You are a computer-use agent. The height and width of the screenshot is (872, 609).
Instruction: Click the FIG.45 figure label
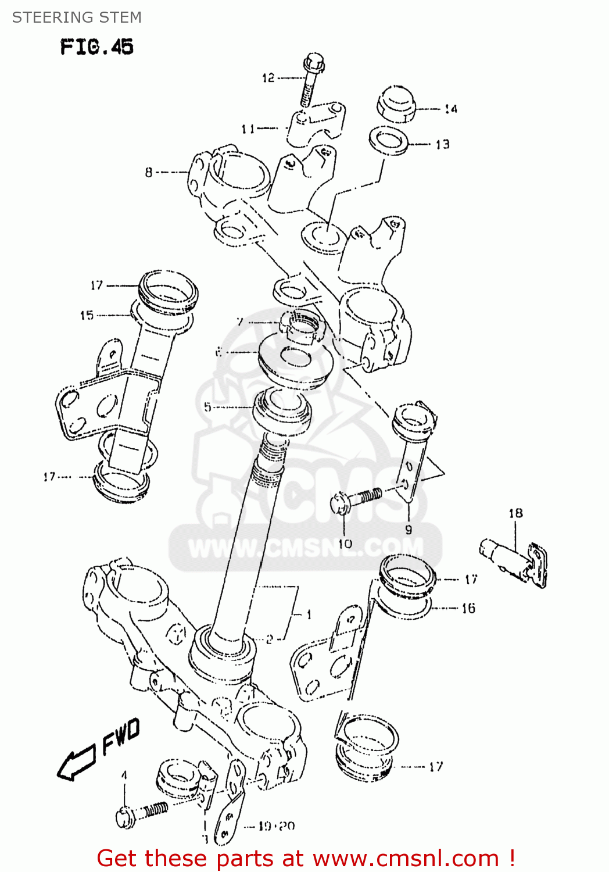(96, 47)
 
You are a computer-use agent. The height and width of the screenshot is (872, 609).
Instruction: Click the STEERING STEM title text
(77, 17)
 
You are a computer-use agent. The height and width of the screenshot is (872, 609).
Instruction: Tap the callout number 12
(268, 78)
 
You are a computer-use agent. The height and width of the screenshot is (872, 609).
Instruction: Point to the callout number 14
(451, 109)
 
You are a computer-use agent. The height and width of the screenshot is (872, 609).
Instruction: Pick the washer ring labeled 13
(389, 141)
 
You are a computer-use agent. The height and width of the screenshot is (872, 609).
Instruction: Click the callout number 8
(149, 172)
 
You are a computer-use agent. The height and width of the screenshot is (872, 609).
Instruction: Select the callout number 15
(87, 315)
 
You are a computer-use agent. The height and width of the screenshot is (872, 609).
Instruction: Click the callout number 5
(207, 407)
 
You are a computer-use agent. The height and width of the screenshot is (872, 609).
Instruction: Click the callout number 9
(409, 530)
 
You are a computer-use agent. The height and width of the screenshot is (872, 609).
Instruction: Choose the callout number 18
(515, 513)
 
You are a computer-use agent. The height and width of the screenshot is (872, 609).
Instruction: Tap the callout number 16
(468, 608)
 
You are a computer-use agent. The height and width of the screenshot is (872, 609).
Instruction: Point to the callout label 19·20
(277, 826)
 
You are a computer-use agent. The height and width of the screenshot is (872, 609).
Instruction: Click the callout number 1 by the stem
(309, 614)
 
